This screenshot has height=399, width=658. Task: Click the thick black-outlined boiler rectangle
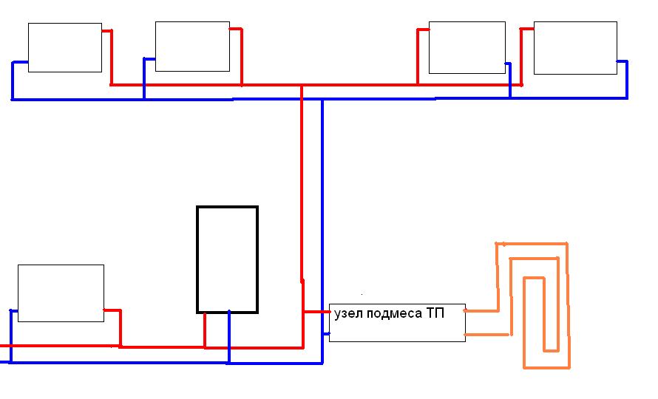228,259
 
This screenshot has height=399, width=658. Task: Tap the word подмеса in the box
395,314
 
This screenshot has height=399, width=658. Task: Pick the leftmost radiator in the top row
65,47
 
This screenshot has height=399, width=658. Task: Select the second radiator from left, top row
193,47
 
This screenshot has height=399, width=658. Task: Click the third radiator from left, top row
467,47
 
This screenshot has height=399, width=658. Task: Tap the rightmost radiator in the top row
575,48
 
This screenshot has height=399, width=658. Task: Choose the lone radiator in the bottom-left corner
61,293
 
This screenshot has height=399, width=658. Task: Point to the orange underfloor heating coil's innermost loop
535,314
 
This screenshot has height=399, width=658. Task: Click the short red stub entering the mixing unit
316,312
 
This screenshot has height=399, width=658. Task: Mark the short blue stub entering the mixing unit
326,333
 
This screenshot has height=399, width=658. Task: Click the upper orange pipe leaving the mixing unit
481,311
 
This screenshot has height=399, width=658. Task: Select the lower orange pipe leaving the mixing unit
487,335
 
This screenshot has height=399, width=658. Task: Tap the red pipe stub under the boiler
205,330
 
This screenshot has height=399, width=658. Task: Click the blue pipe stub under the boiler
229,337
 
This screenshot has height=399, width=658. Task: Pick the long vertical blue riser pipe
322,231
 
